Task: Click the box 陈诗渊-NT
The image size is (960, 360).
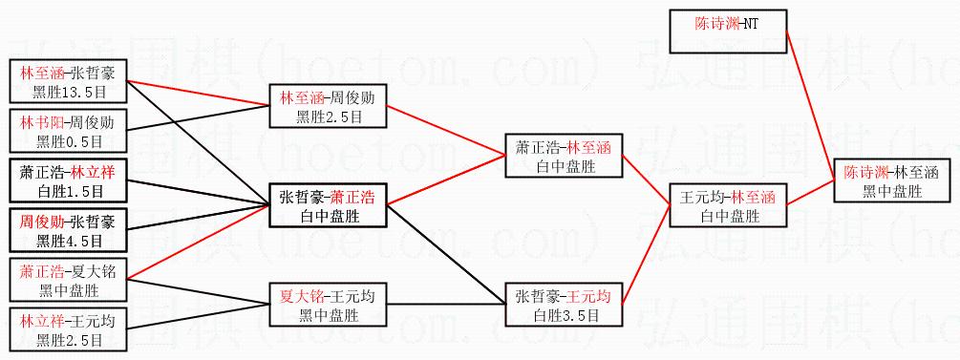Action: point(728,31)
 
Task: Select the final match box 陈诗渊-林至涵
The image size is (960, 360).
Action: point(891,181)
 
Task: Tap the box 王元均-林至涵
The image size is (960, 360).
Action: point(728,205)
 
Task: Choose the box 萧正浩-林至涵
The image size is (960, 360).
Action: point(564,156)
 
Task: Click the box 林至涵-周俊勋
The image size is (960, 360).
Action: point(329,106)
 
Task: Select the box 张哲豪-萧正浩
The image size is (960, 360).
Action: point(329,205)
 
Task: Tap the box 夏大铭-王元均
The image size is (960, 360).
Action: point(329,306)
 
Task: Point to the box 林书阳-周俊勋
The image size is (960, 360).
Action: point(68,131)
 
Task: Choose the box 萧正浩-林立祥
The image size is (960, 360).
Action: point(68,180)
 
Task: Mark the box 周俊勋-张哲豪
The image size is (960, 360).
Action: point(68,230)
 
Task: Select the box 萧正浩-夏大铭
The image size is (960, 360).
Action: point(68,280)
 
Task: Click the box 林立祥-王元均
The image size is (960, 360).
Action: point(68,329)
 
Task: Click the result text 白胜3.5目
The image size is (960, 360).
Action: point(564,316)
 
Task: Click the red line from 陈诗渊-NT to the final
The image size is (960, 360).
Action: point(810,105)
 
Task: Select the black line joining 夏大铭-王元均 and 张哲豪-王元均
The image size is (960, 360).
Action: point(446,305)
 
